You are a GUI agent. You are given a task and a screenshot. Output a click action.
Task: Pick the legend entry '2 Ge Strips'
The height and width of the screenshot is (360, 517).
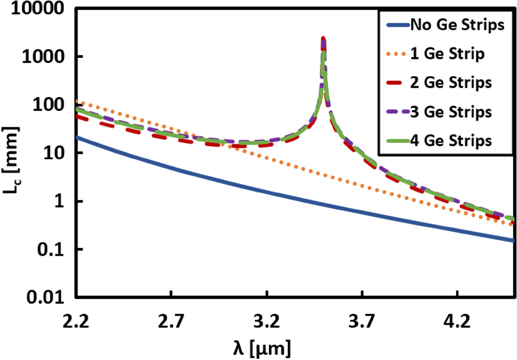(450, 83)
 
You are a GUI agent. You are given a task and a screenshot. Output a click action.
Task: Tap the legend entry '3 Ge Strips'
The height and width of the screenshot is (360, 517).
(450, 111)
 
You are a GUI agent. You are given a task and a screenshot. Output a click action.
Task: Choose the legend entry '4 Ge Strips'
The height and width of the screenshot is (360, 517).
(450, 139)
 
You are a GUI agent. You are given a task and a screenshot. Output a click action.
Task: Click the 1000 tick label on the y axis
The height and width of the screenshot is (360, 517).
(48, 57)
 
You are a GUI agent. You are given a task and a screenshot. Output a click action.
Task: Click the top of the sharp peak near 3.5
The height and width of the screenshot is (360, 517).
(323, 39)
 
